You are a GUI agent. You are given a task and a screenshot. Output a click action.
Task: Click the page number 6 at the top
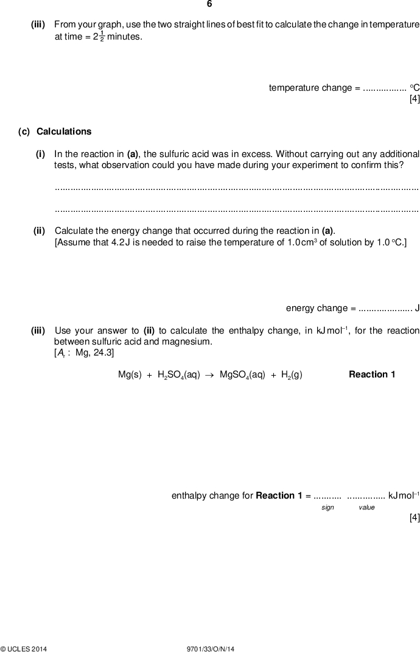[x=209, y=4]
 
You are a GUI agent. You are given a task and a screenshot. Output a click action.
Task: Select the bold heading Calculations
[x=64, y=131]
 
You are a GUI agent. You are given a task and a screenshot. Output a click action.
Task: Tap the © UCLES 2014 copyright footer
[x=24, y=649]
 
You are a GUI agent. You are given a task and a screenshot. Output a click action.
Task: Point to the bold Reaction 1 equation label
[x=372, y=374]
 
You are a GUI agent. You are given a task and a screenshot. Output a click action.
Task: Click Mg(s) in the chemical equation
[x=130, y=374]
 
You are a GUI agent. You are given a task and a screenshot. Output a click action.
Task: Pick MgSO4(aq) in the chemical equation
[x=242, y=374]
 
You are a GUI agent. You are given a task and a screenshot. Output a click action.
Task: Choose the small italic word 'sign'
[x=327, y=507]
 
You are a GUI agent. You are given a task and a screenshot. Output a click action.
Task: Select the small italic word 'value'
[x=366, y=507]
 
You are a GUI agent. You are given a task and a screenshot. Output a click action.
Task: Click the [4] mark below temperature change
[x=415, y=100]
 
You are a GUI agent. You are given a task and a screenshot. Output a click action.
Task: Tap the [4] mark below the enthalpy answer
[x=415, y=518]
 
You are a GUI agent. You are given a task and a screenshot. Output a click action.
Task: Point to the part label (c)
[x=24, y=131]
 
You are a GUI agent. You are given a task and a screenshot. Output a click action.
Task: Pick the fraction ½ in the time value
[x=102, y=37]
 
